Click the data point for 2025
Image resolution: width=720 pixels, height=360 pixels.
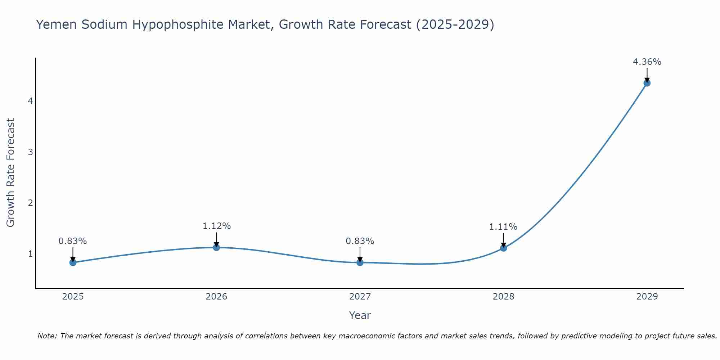[73, 262]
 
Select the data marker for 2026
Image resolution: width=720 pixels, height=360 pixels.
[216, 247]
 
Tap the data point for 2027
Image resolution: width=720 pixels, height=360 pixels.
[360, 262]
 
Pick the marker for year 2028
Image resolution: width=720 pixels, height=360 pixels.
[503, 248]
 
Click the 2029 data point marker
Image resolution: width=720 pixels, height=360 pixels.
[647, 83]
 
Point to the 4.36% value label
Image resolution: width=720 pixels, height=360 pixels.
[647, 62]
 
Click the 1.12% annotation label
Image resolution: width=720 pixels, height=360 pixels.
[216, 226]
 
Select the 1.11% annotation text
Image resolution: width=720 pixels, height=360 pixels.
[503, 227]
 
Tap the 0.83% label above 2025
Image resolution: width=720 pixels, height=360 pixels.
[73, 241]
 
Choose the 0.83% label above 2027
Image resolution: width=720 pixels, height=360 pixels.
[360, 241]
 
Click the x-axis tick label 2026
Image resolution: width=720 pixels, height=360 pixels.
[216, 297]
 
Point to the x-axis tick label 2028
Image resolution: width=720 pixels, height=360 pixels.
[503, 297]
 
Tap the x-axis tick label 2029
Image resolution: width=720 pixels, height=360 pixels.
[647, 297]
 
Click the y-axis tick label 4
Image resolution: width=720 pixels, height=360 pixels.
[30, 101]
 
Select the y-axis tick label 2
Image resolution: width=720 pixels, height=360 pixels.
[30, 203]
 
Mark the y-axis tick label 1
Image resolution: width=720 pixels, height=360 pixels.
[30, 254]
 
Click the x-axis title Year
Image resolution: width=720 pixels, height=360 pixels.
[360, 315]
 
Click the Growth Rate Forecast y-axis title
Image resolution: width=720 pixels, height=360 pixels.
[11, 173]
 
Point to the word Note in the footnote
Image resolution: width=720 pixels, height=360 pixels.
[47, 336]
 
